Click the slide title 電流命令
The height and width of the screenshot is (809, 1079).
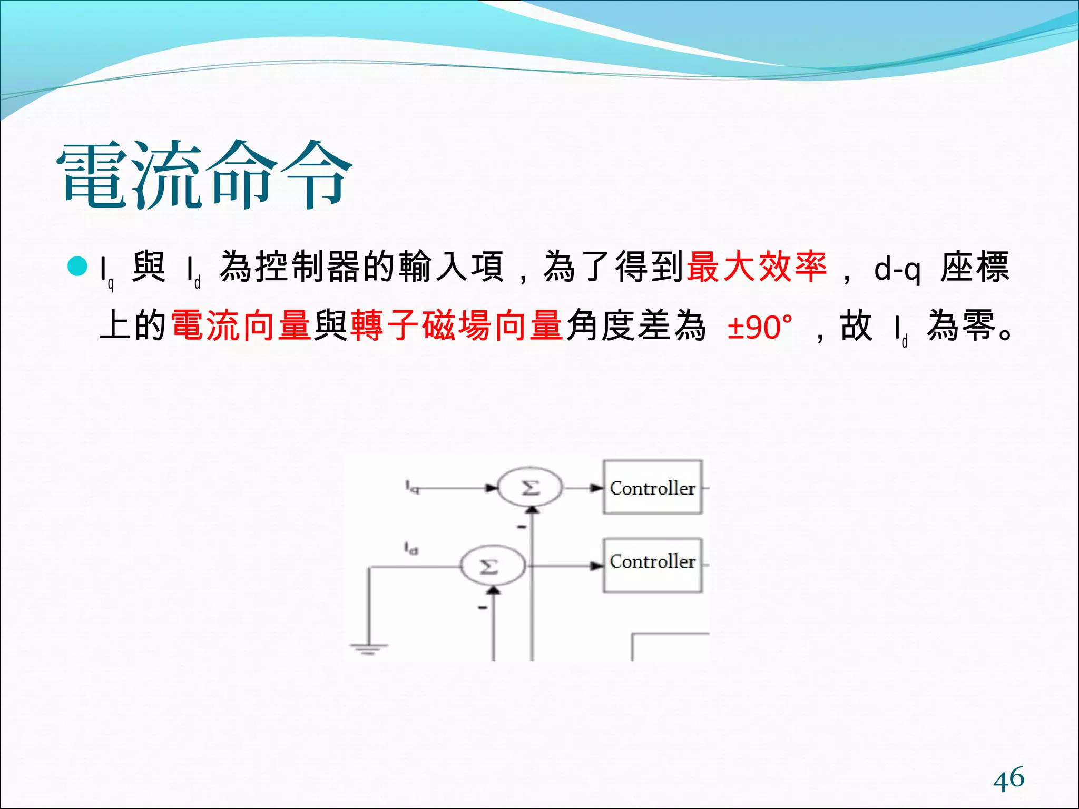(204, 175)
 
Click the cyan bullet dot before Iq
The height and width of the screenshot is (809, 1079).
(77, 267)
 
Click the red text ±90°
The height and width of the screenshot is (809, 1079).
(759, 327)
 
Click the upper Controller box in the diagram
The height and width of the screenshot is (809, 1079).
(652, 487)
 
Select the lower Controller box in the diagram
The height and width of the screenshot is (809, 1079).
(652, 565)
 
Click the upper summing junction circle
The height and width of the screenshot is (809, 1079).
(530, 488)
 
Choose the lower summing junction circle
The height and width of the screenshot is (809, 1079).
(492, 566)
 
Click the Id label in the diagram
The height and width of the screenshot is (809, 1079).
(411, 548)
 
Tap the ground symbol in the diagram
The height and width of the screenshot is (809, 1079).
(368, 648)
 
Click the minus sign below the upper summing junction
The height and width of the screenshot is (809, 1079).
(522, 527)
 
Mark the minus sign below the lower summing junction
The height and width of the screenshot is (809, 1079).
(482, 608)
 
